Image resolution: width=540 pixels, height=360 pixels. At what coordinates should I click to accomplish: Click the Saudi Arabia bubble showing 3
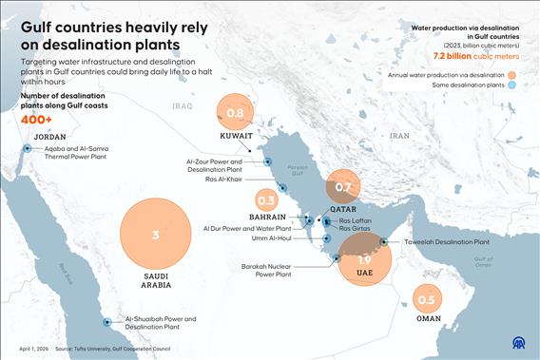pos(155,235)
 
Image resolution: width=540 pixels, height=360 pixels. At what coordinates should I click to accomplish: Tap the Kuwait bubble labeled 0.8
pos(236,113)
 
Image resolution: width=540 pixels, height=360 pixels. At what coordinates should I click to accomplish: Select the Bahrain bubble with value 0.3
pos(266,200)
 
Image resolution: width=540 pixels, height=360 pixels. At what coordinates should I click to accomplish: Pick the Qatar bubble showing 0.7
pos(343,187)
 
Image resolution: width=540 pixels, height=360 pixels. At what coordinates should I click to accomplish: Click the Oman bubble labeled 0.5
pos(426,300)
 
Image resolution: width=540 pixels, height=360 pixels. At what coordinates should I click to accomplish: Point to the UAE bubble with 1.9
pos(364,259)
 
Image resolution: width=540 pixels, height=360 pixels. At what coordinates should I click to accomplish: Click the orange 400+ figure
pos(36,120)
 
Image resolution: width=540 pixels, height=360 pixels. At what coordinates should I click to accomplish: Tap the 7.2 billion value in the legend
pos(454,56)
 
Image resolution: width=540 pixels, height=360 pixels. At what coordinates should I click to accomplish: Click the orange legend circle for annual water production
pos(511,74)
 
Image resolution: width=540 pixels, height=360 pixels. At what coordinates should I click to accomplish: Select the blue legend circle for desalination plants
pos(511,86)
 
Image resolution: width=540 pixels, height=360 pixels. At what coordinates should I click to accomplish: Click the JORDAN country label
pos(49,137)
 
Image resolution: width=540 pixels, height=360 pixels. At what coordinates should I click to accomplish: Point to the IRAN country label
pos(398,136)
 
